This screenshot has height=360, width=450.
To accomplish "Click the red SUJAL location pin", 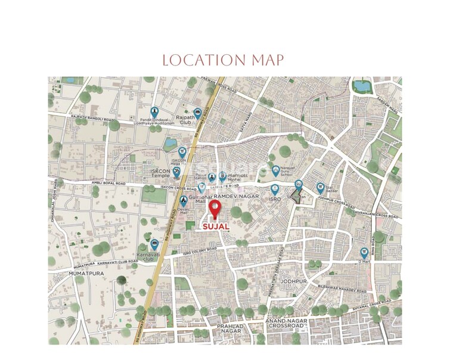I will tap(215, 209).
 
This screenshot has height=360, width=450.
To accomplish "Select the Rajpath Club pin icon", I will tap(198, 113).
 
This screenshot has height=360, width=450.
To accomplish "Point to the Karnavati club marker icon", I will tap(154, 244).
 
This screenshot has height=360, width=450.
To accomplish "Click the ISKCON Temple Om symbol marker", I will tap(176, 173).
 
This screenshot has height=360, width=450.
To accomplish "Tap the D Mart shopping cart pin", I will tap(364, 252).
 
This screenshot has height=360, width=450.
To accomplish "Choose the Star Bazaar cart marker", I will tap(320, 187).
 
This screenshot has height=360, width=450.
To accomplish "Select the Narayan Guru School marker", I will tap(276, 170).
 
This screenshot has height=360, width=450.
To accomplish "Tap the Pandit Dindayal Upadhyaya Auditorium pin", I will tap(155, 111).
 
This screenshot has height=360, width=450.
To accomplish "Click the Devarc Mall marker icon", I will tap(184, 200).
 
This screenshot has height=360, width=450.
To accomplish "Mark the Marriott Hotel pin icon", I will tap(222, 176).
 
